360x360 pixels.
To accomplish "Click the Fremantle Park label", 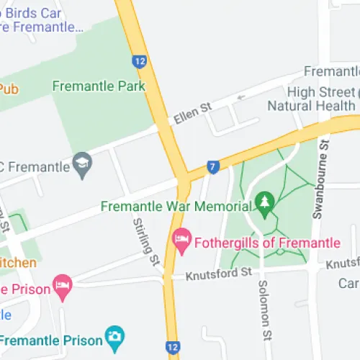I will coord(99,86).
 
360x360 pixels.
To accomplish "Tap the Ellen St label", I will coord(191,114).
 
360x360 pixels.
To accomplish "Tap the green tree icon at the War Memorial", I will coord(265,203).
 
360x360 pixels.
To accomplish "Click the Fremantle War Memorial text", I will coord(176,206).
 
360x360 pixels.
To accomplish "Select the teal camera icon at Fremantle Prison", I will coord(114,336).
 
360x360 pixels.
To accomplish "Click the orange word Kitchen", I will coord(17,263).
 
